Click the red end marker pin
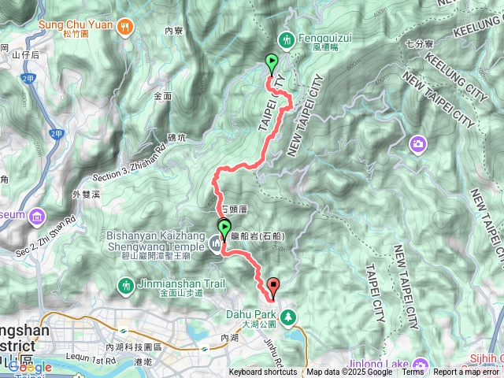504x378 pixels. point(273,287)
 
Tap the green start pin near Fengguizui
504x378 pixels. point(272,61)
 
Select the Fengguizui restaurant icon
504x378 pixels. point(286,39)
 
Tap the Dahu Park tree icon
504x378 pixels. point(289,317)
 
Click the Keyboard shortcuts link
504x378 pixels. point(263,372)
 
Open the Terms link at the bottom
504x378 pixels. point(413,372)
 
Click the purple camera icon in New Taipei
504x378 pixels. point(417,143)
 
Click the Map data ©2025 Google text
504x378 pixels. point(350,372)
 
